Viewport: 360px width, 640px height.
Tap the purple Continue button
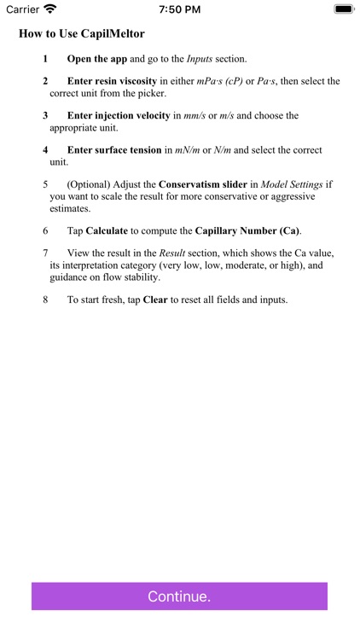179,596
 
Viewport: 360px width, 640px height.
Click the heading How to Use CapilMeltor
82,34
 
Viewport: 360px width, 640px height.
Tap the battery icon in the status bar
343,9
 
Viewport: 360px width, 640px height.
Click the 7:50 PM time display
179,9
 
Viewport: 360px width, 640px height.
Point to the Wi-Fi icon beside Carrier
50,9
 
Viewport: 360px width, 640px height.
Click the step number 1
46,59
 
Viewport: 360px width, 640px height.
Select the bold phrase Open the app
98,59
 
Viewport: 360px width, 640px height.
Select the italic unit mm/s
195,115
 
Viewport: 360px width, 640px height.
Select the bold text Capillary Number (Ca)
247,230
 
